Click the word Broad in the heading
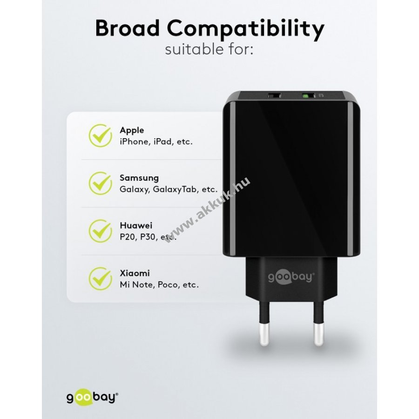[x=127, y=28]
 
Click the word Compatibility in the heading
[x=245, y=30]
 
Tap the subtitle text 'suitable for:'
[x=209, y=49]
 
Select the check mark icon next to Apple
[x=101, y=135]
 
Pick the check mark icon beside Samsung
[x=101, y=183]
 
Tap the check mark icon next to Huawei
[x=101, y=231]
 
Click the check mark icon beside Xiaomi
[x=101, y=278]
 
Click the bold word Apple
[x=132, y=130]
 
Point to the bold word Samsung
[x=139, y=178]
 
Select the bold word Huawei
[x=136, y=225]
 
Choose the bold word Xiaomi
[x=135, y=273]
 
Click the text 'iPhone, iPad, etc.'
[x=156, y=142]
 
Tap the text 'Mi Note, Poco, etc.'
[x=159, y=285]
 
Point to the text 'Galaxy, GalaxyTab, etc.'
[x=169, y=189]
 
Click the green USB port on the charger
[x=308, y=95]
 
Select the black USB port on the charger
[x=274, y=95]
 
